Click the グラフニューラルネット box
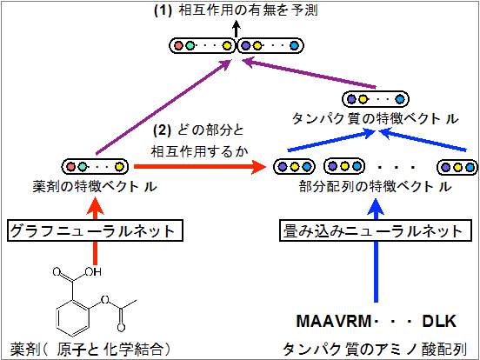coord(95,230)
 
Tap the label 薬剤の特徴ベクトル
coord(95,186)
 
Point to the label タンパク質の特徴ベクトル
coord(376,118)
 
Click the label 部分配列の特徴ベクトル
coord(376,186)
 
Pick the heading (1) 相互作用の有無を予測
coord(236,10)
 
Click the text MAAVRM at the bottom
coord(334,322)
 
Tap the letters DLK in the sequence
coord(440,322)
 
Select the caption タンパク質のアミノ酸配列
coord(375,349)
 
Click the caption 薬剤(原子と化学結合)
coord(90,349)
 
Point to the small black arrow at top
coord(236,29)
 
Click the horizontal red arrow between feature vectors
coord(200,167)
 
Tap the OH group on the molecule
coord(93,271)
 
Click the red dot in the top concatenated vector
coord(178,46)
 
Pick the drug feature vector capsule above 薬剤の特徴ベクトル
coord(95,167)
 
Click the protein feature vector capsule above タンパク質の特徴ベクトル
coord(376,99)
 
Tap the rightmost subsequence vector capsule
coord(457,167)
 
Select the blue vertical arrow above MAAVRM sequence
coord(376,250)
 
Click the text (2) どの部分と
coord(198,130)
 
